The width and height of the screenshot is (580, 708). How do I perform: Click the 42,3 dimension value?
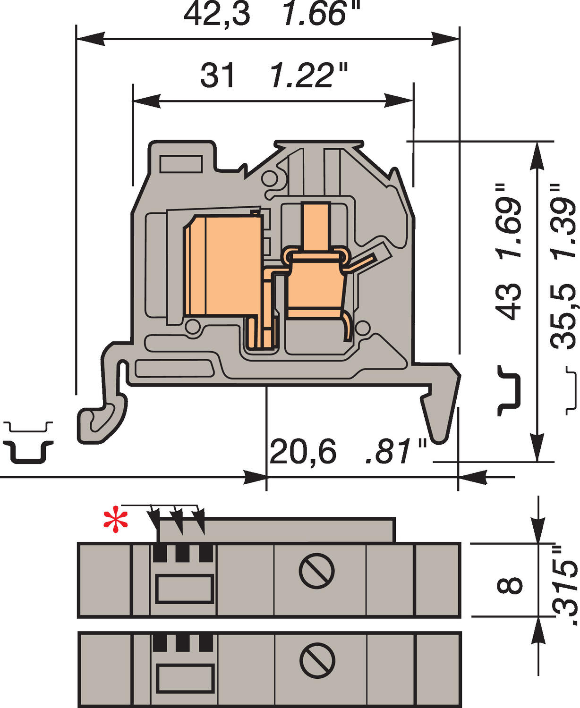[217, 14]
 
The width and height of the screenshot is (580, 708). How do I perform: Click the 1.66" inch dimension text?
[321, 14]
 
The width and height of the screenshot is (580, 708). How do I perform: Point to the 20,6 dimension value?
[303, 452]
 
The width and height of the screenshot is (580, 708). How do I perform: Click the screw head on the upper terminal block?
[316, 571]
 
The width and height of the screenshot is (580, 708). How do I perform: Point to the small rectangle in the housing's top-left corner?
[181, 164]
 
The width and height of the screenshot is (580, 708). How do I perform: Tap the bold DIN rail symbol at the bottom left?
[29, 452]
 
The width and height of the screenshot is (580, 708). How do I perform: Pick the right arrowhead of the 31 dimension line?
[399, 101]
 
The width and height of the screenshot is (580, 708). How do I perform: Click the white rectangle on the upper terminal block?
[184, 589]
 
